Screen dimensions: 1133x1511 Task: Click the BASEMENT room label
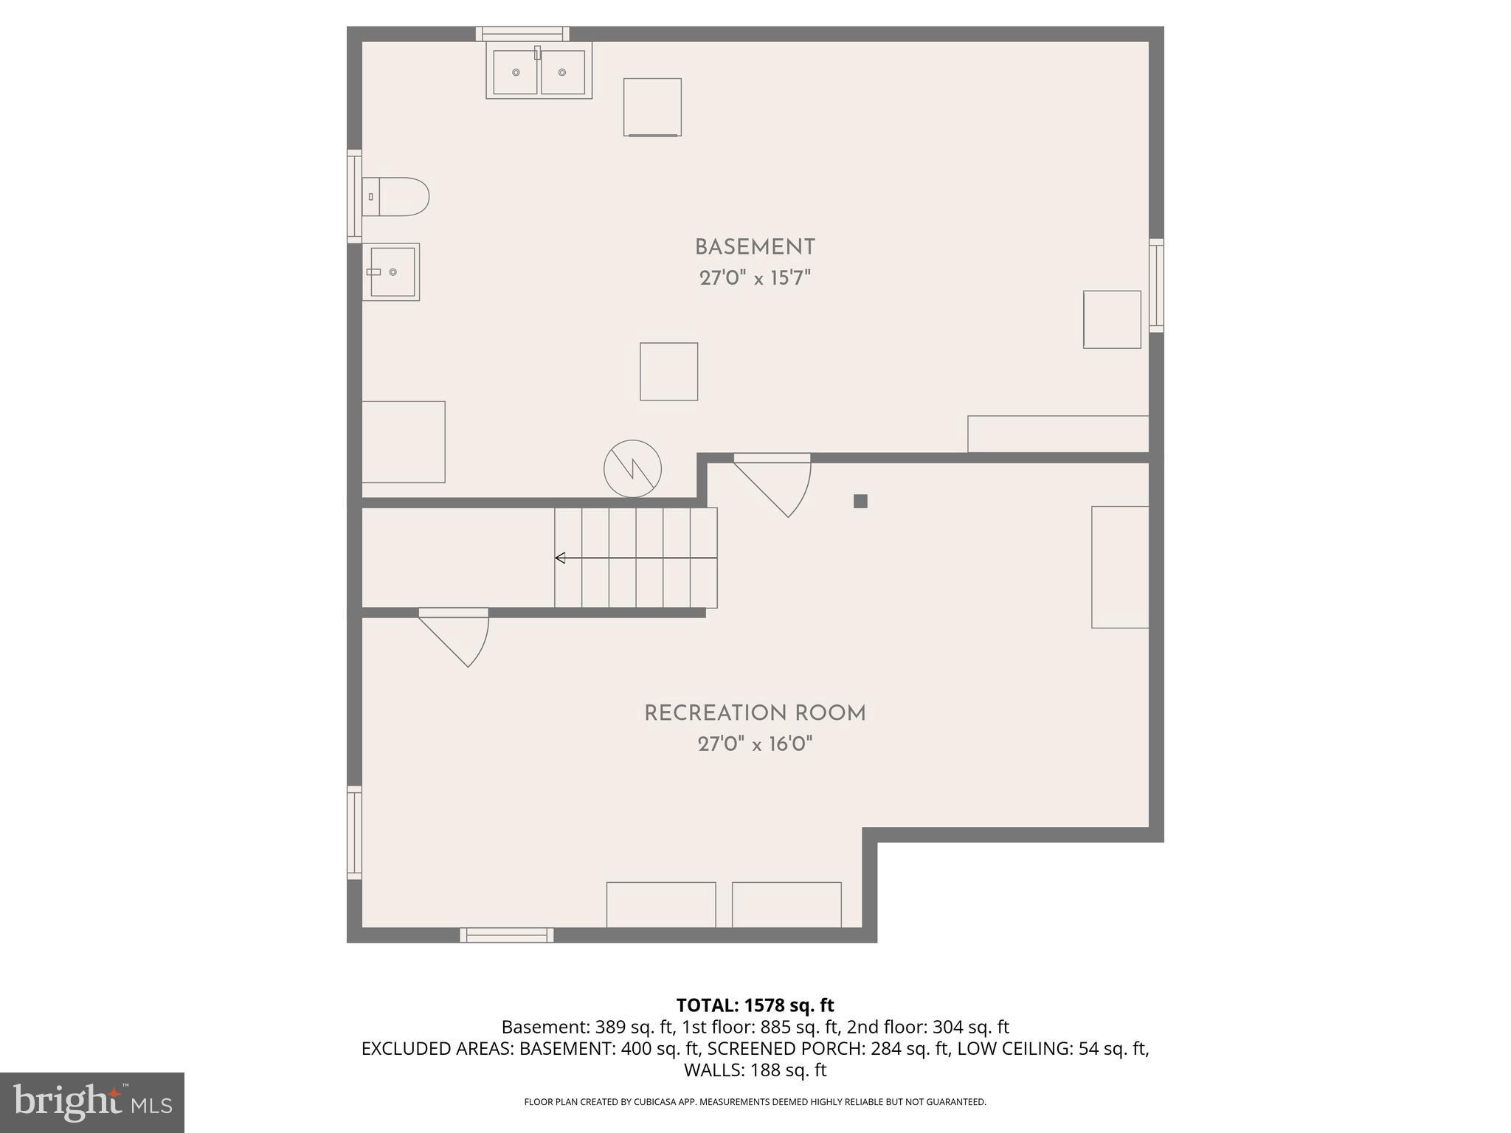(755, 247)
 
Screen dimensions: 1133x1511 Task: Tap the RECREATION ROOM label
(755, 713)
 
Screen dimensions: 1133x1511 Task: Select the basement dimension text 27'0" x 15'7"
(755, 279)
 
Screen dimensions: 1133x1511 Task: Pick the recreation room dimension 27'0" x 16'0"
(755, 744)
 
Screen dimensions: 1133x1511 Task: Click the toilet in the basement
(395, 196)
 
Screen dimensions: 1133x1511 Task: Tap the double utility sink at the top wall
(539, 72)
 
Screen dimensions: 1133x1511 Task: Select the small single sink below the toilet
(391, 272)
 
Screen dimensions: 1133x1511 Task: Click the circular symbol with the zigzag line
(632, 468)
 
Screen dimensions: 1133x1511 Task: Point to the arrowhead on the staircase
(560, 558)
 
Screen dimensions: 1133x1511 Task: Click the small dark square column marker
(860, 502)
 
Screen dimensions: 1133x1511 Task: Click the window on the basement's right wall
(1156, 285)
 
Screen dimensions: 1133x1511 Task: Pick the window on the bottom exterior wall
(507, 935)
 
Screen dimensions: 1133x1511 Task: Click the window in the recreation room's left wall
(355, 833)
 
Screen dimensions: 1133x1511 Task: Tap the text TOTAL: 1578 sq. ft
(755, 1005)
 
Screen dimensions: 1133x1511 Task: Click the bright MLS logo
(92, 1102)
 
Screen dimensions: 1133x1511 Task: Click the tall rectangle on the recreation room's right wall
(1120, 566)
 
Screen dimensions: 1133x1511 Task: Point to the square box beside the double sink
(652, 107)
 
